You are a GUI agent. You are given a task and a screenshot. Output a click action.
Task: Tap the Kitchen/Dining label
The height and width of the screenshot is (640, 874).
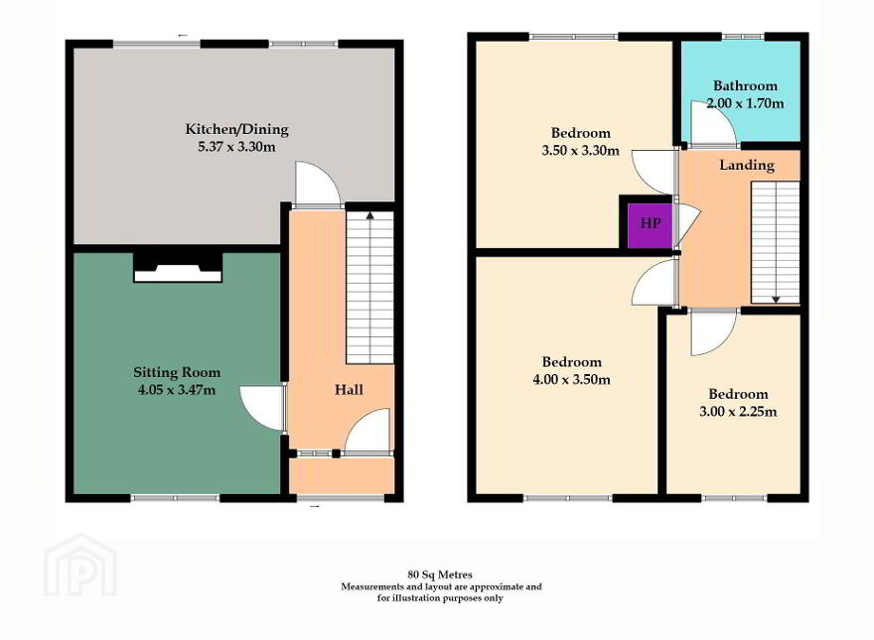point(237,129)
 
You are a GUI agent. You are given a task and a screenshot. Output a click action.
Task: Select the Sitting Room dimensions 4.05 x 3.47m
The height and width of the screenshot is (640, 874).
point(177,390)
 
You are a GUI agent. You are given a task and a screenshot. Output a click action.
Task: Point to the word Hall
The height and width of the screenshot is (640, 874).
point(349,389)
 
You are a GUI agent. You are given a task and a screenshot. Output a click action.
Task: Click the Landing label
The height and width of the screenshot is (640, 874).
point(746,165)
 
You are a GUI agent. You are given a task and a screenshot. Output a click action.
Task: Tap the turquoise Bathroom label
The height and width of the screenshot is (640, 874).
point(745,85)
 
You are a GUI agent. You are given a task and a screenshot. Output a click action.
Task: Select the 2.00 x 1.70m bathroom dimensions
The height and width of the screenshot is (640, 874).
point(745,103)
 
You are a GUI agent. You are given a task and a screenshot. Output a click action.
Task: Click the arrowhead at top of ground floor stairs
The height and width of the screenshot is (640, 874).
point(369,215)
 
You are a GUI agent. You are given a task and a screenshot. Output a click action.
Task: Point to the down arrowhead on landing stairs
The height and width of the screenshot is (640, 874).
point(776,300)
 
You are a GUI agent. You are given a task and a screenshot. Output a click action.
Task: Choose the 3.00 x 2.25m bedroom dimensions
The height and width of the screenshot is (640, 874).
point(738,412)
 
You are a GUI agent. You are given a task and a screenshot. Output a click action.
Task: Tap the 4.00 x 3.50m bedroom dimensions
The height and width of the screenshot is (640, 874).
point(571,380)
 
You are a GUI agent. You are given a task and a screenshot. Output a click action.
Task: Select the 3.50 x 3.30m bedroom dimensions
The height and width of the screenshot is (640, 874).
point(580,151)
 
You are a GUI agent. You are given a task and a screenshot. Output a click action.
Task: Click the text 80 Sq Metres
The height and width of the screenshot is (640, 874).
point(440,575)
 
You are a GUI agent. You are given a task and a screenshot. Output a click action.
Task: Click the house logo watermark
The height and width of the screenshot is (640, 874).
point(80,566)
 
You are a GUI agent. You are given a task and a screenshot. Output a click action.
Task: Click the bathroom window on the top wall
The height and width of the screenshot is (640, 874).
point(744,37)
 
